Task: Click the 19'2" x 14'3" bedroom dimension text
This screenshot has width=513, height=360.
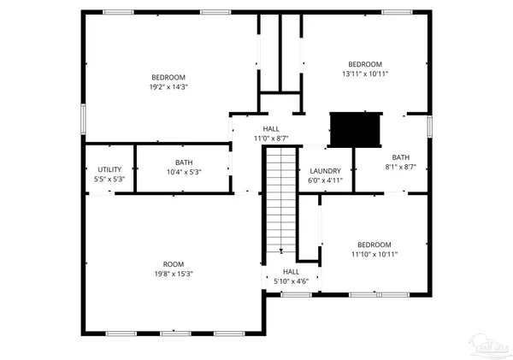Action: (168, 86)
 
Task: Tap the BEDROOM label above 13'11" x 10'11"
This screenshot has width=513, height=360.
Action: (365, 64)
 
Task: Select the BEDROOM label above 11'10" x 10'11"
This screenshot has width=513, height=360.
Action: (374, 245)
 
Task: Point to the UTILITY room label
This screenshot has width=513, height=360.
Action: (109, 169)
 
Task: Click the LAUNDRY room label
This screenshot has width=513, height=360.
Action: (325, 171)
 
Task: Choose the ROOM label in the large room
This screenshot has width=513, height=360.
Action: (173, 263)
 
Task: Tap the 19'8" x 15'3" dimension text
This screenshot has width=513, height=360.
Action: (173, 274)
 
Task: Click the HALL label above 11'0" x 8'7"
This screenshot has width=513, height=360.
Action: (270, 128)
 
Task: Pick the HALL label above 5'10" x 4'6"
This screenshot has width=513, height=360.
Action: (290, 271)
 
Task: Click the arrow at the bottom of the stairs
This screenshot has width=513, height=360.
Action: (280, 251)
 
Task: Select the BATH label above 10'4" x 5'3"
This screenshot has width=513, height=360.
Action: (184, 162)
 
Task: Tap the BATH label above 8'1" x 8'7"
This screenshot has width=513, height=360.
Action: (401, 157)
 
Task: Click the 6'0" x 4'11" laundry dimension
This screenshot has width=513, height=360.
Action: (325, 180)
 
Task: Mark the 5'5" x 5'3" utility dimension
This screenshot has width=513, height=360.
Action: (109, 179)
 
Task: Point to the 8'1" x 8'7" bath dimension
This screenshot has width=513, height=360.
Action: (401, 167)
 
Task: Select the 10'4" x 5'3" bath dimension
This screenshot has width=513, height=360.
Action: (184, 172)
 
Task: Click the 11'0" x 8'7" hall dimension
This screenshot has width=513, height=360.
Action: (270, 138)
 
